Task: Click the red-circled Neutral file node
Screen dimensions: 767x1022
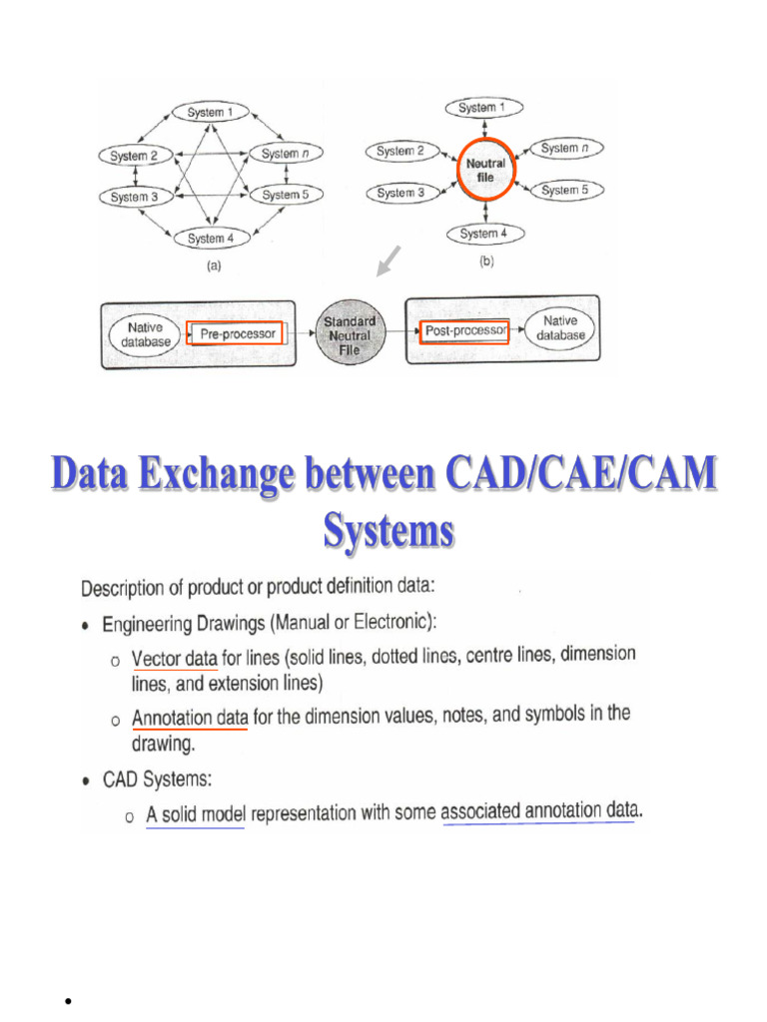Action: pyautogui.click(x=485, y=170)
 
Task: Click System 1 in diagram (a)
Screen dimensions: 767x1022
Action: pyautogui.click(x=211, y=113)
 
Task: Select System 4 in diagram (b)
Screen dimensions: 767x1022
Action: pyautogui.click(x=484, y=234)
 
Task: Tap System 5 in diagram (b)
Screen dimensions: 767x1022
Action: pyautogui.click(x=564, y=190)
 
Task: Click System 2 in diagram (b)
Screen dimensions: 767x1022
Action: pyautogui.click(x=400, y=151)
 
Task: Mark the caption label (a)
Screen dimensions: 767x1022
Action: pyautogui.click(x=213, y=265)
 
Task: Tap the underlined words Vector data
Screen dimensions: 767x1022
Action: pyautogui.click(x=175, y=659)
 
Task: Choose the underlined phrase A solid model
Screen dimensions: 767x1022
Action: pyautogui.click(x=196, y=814)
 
